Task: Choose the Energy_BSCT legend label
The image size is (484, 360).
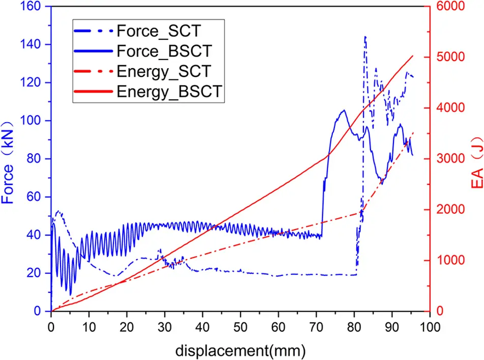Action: [x=168, y=91]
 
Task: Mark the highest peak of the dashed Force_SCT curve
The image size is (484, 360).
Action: [x=365, y=37]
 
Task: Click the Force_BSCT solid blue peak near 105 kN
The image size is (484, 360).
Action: [x=344, y=110]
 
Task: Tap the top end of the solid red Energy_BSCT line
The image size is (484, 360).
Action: [x=413, y=56]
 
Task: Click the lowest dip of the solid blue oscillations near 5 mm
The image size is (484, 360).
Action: [x=71, y=295]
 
